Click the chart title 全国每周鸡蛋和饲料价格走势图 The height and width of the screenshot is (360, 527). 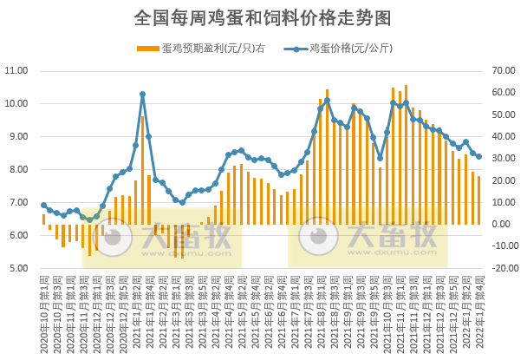(263, 17)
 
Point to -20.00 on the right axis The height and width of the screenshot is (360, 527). (505, 268)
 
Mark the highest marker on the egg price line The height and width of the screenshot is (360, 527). (142, 94)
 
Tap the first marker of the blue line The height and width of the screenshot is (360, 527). (43, 206)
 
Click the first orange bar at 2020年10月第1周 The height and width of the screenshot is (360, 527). (43, 219)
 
